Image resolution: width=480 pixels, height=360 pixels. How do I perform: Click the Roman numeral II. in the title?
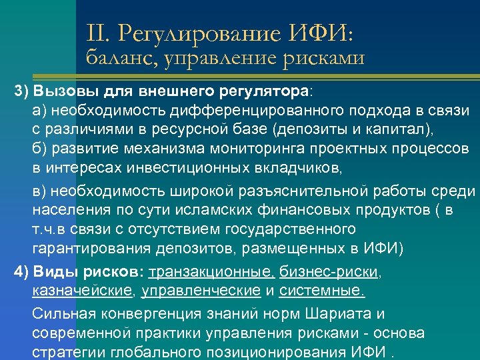[x=97, y=31]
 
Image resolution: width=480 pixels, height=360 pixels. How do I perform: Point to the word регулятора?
[x=269, y=90]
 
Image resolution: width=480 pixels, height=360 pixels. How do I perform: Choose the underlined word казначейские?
[x=82, y=291]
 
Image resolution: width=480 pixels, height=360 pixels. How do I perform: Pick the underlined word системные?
[x=321, y=291]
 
